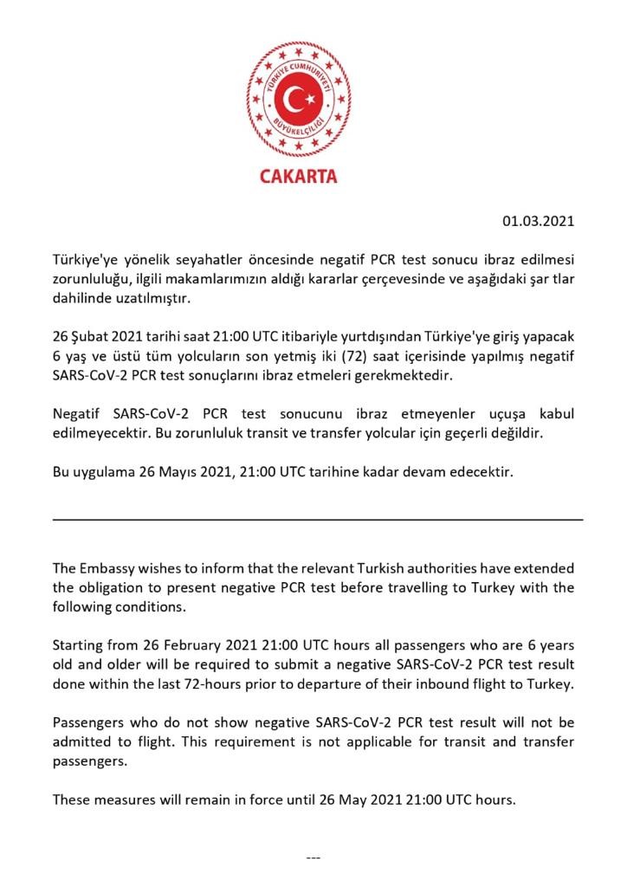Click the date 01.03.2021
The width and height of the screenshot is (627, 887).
click(x=539, y=221)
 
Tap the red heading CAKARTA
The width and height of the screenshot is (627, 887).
click(x=299, y=177)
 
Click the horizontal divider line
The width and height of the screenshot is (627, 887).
click(x=318, y=519)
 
